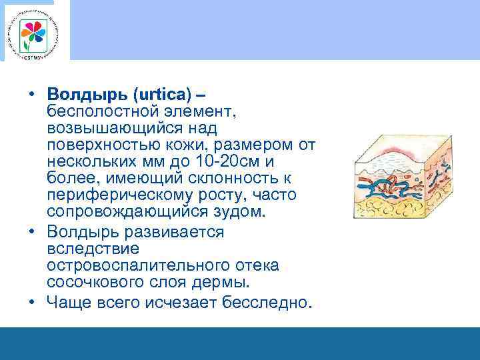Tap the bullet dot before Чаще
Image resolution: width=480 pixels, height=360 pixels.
click(x=31, y=301)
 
